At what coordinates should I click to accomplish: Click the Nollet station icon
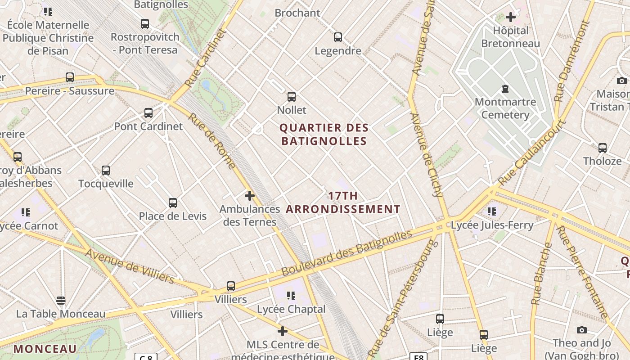(x=292, y=96)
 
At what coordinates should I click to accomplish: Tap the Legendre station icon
(x=338, y=37)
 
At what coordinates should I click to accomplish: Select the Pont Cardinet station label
(x=148, y=126)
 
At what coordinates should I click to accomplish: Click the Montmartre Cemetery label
(x=505, y=108)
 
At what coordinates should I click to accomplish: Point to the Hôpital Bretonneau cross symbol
(x=510, y=17)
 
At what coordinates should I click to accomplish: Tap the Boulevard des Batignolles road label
(x=346, y=253)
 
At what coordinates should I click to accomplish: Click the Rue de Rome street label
(x=211, y=141)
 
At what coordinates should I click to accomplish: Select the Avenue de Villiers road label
(x=129, y=266)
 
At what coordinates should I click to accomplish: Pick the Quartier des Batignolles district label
(x=324, y=135)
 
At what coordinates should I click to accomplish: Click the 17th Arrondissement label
(x=343, y=202)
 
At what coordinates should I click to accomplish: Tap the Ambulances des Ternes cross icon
(x=250, y=196)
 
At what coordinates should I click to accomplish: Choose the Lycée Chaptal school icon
(x=291, y=296)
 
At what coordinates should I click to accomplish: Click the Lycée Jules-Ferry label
(x=492, y=225)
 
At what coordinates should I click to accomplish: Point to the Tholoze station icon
(x=602, y=148)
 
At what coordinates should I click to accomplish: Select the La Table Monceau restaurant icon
(x=61, y=300)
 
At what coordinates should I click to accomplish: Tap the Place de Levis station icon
(x=173, y=203)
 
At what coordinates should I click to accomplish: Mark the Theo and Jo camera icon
(x=581, y=330)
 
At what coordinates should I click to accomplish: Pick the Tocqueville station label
(x=106, y=184)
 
